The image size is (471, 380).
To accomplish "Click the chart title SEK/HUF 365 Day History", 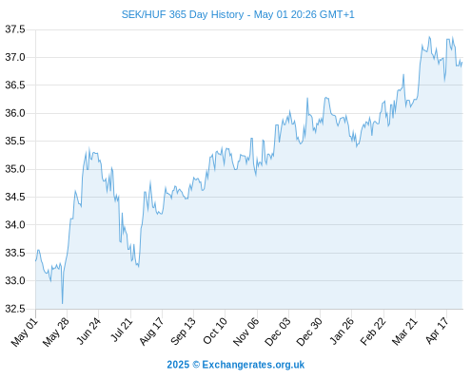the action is tap(183, 14).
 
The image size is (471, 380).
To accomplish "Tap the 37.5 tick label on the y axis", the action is tap(15, 29).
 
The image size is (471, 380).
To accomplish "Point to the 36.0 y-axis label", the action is tap(15, 113).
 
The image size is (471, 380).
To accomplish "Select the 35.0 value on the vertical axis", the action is tap(15, 169).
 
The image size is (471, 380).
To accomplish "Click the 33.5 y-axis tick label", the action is tap(15, 253).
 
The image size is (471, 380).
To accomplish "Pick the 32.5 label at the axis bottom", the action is tap(15, 309).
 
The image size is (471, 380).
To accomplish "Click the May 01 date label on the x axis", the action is tap(25, 332).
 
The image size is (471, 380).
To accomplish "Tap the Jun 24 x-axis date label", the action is tap(88, 331).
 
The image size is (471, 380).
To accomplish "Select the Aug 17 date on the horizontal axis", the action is tap(151, 332).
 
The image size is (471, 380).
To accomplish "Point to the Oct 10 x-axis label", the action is tap(215, 331).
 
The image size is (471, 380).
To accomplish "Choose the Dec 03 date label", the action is tap(277, 332).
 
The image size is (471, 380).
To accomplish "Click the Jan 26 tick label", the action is tap(342, 331).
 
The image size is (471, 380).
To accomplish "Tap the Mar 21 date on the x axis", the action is tap(404, 332).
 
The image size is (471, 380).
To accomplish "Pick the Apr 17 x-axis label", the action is tap(437, 331).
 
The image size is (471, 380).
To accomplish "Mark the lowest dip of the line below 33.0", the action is tap(63, 304).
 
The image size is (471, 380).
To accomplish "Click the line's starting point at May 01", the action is tap(36, 260).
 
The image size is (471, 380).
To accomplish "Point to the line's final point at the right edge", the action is tap(462, 63).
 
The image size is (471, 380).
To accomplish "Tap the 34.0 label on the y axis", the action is tap(15, 225).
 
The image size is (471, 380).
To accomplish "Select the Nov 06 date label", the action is tap(245, 332).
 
